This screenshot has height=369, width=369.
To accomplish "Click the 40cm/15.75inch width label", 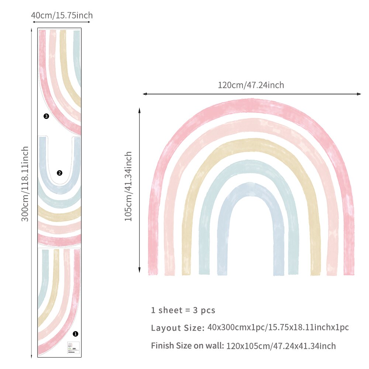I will [x=62, y=15].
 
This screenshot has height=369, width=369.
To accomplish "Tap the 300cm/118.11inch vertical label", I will [x=25, y=184].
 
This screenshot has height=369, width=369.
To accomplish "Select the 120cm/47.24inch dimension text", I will [x=251, y=85].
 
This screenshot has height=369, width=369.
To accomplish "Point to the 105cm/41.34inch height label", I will [x=128, y=186].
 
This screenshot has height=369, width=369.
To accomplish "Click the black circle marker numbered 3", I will [x=46, y=116].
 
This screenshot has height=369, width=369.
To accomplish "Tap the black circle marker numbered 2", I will [x=59, y=173].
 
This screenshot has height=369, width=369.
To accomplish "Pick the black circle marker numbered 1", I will [x=76, y=334].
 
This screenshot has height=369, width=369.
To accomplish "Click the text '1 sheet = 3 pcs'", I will [x=183, y=310].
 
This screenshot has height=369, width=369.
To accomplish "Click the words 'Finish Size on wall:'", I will [x=187, y=346].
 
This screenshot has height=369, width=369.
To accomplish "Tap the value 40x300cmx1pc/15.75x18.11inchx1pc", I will [x=278, y=327].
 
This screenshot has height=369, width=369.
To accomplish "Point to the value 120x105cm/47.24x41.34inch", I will [x=281, y=346].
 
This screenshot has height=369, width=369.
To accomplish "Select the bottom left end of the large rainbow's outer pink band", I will [x=153, y=271].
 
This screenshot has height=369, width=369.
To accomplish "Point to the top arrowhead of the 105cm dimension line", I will [x=139, y=110].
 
